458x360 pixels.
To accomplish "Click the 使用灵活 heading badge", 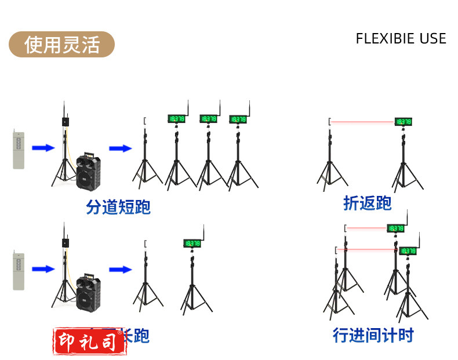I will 61,45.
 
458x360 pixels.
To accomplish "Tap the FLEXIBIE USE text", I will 401,39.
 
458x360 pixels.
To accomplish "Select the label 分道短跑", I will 118,207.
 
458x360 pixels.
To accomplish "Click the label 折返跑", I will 367,203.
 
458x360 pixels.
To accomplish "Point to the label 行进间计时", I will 373,335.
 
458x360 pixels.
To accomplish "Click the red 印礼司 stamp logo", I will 90,341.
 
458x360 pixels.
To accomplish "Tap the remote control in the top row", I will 19,150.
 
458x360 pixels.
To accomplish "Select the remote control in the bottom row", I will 19,271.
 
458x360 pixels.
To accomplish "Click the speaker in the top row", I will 89,171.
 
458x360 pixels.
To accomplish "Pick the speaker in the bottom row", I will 89,292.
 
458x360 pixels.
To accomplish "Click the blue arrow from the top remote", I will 43,148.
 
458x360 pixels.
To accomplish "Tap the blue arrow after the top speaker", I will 121,148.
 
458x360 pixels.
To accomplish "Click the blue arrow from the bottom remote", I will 43,269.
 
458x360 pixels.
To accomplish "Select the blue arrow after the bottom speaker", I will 121,269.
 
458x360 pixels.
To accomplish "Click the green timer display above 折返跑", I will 404,122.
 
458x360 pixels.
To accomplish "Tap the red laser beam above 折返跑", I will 363,122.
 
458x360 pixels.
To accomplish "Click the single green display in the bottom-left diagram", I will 192,243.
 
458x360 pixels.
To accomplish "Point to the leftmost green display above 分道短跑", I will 176,119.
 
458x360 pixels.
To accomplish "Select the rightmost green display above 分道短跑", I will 238,119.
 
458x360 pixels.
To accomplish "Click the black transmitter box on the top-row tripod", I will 65,122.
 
